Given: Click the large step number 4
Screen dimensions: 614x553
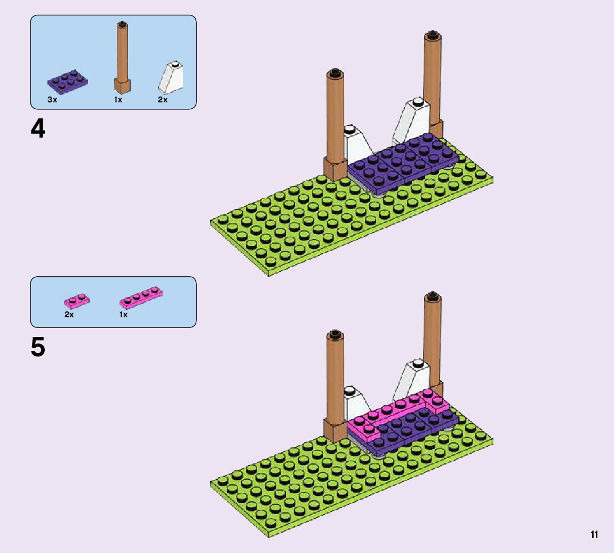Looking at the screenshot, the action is coord(38,129).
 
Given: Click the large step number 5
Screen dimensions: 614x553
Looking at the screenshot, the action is coord(38,348).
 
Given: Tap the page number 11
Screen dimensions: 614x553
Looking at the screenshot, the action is coord(594,535).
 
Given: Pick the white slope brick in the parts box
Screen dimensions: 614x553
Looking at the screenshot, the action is coord(171,78).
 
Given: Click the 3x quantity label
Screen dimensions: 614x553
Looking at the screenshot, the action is coord(52,100).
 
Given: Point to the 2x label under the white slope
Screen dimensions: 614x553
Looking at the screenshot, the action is coord(163,100).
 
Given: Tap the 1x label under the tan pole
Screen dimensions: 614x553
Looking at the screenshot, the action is coord(118,100).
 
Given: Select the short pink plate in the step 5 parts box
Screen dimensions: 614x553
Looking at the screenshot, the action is coord(77,301).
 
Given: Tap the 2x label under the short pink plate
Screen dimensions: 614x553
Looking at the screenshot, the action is coord(69,315).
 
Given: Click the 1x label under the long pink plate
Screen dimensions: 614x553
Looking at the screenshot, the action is coord(124,315).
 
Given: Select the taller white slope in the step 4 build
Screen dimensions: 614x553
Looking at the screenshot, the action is coord(414,118).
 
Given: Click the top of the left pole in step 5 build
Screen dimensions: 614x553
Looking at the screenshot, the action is coord(335,335).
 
